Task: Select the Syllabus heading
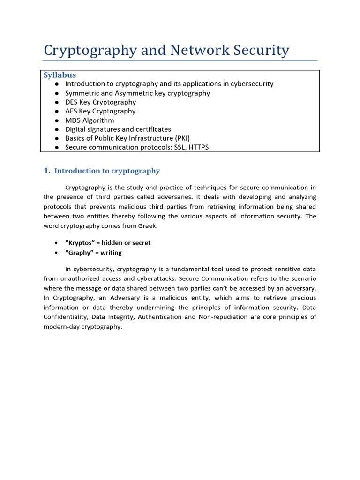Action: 60,75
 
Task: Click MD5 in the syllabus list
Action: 73,120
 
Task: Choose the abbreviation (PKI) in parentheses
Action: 180,138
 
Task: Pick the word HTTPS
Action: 199,147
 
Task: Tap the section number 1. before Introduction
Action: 47,171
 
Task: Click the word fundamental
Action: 184,269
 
